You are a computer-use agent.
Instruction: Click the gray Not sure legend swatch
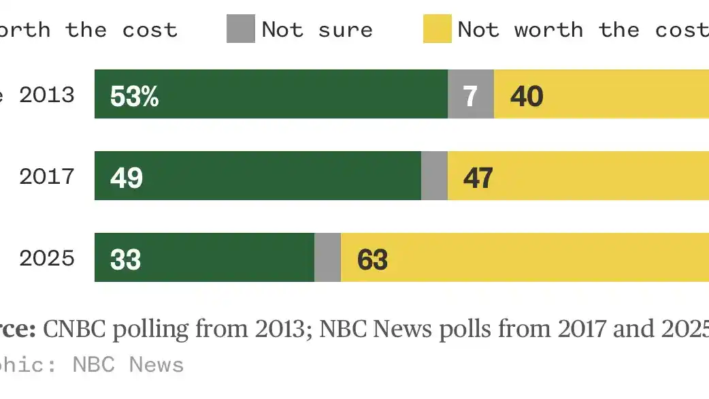pos(240,29)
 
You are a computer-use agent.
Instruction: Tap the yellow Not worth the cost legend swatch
pos(437,29)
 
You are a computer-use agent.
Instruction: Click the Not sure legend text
pos(317,30)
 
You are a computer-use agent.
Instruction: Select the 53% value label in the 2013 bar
pos(134,96)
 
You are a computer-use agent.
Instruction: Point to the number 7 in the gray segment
pos(471,96)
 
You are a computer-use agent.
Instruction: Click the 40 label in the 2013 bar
pos(527,96)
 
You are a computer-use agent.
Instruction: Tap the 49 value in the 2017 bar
pos(127,178)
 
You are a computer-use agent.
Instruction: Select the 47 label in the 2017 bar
pos(478,178)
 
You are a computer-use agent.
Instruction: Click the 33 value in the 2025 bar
pos(126,259)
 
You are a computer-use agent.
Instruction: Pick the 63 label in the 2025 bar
pos(372,259)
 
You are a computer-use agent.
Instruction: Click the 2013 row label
pos(46,95)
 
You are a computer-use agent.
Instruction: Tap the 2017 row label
pos(46,176)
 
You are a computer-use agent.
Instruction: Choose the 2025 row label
pos(46,258)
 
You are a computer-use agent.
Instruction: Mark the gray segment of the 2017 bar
pos(434,176)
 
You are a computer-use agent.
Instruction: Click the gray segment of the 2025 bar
pos(327,257)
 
